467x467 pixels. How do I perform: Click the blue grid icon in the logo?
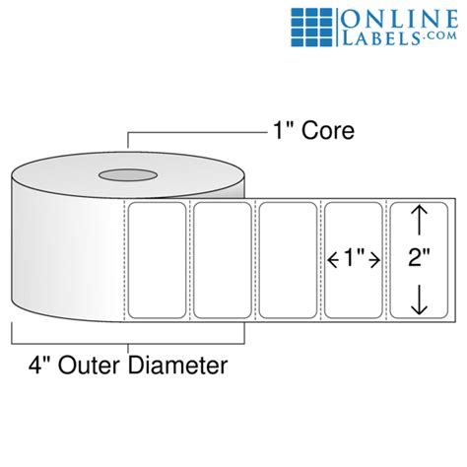(311, 28)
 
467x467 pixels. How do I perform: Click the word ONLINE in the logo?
(399, 20)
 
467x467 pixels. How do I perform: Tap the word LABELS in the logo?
(381, 38)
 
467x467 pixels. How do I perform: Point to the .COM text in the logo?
(439, 36)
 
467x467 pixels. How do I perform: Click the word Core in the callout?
(328, 130)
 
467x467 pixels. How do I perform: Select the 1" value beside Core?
(285, 130)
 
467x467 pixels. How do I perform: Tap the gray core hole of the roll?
(128, 175)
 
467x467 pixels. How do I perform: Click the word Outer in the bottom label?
(90, 365)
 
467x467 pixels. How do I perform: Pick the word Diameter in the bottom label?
(177, 365)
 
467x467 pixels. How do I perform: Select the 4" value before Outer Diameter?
(40, 365)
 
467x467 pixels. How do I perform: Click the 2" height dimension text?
(419, 257)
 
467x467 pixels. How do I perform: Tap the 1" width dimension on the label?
(354, 258)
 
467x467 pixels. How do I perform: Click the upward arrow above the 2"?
(420, 220)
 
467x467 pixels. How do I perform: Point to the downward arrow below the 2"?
(420, 300)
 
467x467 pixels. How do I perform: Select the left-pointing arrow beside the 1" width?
(333, 261)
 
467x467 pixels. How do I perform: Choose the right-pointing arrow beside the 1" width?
(374, 261)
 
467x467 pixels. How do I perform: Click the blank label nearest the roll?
(157, 260)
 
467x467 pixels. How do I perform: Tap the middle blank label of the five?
(288, 260)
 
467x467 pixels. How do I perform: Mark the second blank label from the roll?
(223, 260)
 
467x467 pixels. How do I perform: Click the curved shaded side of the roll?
(66, 253)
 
